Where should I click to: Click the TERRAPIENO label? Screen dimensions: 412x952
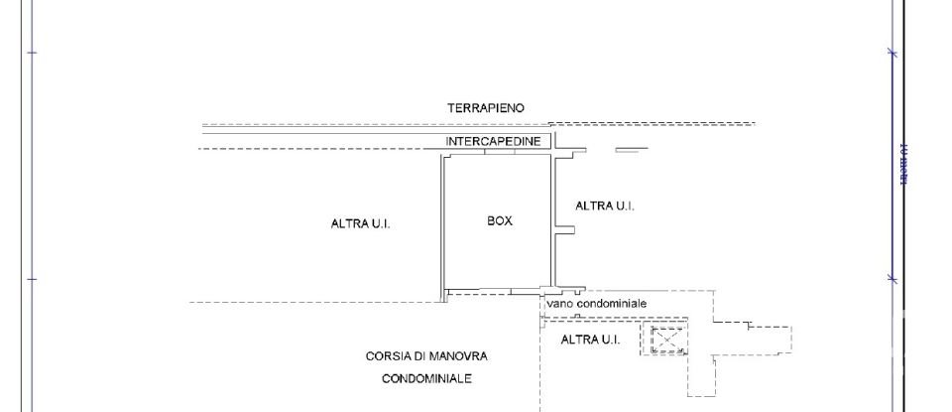[486, 107]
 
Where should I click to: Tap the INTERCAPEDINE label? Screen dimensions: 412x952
[493, 141]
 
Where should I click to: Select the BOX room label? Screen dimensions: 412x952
[500, 221]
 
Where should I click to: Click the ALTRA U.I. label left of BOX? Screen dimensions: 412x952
[360, 224]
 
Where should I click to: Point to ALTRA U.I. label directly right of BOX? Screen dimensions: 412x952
[605, 206]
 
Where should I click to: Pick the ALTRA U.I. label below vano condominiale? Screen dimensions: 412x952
[590, 340]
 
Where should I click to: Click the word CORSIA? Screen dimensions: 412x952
[388, 355]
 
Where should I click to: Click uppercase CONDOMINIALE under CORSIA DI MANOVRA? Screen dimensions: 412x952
[430, 378]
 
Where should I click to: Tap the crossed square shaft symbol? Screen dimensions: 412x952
[667, 341]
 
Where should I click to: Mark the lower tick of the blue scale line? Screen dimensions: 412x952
[892, 279]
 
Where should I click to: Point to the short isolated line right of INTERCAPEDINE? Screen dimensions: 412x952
[631, 151]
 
